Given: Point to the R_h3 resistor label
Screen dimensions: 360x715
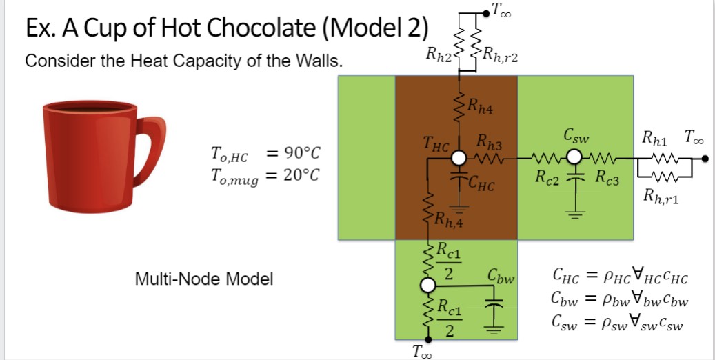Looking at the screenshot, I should (x=488, y=146).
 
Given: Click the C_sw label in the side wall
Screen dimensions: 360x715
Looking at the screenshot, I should (x=576, y=134).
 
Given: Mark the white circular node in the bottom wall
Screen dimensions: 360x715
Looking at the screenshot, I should (x=428, y=285).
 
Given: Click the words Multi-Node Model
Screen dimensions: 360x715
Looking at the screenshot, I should (x=204, y=279).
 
